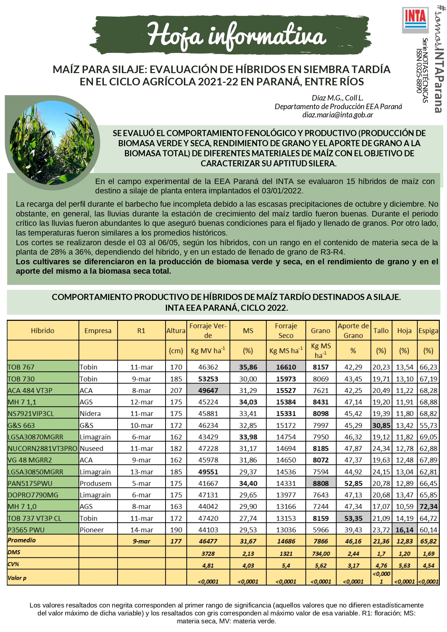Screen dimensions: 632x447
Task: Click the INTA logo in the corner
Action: (415, 20)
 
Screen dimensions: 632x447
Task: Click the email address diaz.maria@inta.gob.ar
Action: (338, 115)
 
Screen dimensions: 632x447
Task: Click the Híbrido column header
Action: (43, 331)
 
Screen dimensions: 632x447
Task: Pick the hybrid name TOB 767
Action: (21, 367)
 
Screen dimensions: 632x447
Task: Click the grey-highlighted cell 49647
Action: (208, 390)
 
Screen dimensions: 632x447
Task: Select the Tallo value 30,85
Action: (381, 425)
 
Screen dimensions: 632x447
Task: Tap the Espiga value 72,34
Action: (428, 506)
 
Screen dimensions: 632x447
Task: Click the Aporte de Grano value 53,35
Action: (353, 518)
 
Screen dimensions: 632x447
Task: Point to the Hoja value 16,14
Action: (404, 530)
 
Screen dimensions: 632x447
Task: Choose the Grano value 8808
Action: (320, 483)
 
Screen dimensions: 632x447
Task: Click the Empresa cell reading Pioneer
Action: (92, 530)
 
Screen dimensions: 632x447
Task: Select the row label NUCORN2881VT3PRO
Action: (43, 448)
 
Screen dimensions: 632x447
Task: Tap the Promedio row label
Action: (22, 540)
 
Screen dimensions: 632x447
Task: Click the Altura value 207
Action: (176, 390)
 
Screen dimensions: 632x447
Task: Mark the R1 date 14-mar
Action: (141, 530)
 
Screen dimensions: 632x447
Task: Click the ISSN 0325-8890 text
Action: (419, 71)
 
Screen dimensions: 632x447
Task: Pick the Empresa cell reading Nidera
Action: (90, 413)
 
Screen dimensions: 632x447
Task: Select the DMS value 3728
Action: (208, 553)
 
